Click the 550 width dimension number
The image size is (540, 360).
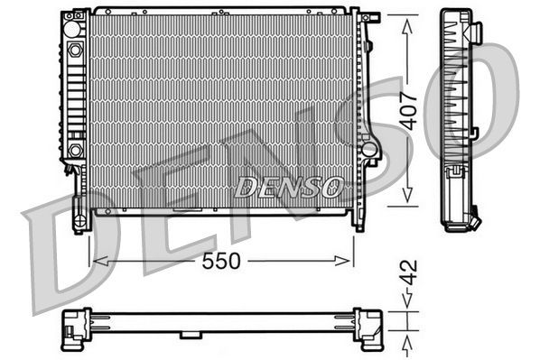[221, 260]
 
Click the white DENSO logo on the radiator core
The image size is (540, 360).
[288, 186]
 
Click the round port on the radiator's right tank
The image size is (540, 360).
[368, 146]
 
